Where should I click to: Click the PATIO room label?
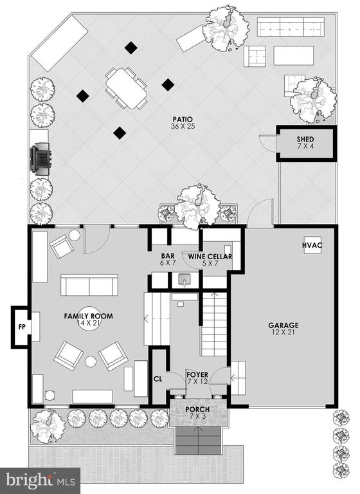[183, 120]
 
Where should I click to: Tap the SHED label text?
[305, 139]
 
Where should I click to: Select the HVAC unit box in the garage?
[312, 245]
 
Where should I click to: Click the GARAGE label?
[283, 325]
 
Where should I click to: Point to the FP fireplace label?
[22, 327]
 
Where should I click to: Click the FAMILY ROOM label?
[89, 316]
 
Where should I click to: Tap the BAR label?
[168, 256]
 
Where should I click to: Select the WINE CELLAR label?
[210, 257]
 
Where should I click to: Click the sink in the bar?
[184, 280]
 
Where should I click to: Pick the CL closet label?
[157, 379]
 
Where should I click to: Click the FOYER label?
[197, 375]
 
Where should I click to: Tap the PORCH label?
[197, 409]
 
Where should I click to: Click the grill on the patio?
[40, 157]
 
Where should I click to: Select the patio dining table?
[126, 89]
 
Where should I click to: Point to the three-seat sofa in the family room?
[89, 285]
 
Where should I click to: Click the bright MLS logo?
[40, 480]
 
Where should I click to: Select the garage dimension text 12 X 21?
[283, 332]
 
